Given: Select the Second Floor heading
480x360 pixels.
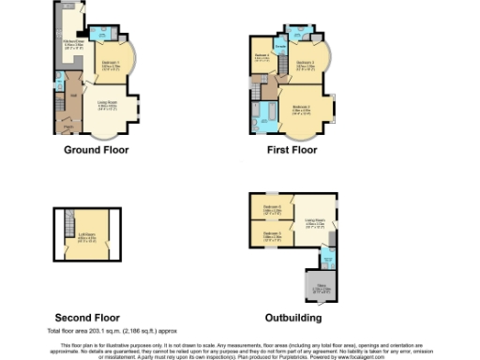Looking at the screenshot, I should point(87,318).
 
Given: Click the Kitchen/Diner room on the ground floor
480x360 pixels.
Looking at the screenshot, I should point(72,41).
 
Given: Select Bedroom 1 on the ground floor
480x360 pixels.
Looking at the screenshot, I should point(112,66).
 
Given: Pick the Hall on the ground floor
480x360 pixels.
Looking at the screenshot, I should point(72,97).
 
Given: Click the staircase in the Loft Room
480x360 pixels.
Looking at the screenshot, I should point(67,225).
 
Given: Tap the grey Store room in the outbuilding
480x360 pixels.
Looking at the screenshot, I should point(321,277).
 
